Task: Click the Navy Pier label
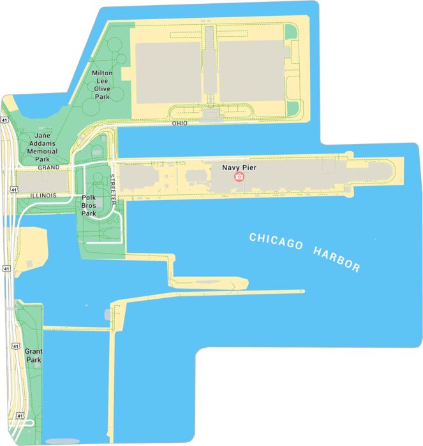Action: point(239,168)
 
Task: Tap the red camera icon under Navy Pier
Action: point(239,176)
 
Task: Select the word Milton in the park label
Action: point(102,73)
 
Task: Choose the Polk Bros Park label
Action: point(89,205)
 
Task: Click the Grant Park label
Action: point(33,356)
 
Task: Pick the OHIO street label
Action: point(180,123)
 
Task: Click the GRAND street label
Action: point(48,167)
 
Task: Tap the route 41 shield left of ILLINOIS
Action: point(13,189)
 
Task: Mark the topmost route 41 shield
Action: point(5,119)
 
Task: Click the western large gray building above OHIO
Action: point(167,71)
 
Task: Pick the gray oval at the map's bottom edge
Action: point(63,441)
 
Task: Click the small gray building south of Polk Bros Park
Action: point(106,314)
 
